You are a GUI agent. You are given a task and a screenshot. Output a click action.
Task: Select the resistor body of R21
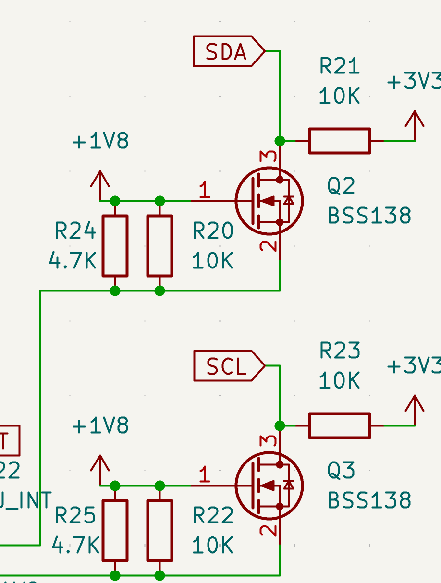click(339, 141)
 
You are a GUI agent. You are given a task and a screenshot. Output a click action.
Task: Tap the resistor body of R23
click(339, 425)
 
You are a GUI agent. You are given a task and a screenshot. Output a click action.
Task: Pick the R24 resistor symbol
click(115, 245)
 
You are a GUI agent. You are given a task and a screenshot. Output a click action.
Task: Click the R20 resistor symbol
click(160, 245)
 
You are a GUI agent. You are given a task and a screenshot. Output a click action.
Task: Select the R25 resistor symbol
click(115, 530)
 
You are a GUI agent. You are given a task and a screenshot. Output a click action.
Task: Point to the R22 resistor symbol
click(160, 530)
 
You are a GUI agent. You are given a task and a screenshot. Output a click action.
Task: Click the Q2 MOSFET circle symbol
click(269, 201)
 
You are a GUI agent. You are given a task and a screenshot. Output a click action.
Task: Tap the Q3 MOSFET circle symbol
click(269, 486)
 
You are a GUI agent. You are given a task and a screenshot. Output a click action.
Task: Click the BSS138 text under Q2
click(369, 216)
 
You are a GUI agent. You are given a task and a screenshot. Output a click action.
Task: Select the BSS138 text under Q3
click(369, 500)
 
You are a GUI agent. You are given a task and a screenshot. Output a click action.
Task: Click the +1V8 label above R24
click(100, 142)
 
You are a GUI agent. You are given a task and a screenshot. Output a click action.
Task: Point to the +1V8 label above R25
click(100, 426)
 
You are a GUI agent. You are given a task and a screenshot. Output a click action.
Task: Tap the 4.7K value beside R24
click(73, 261)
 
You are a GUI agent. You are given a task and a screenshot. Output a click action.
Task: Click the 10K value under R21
click(339, 97)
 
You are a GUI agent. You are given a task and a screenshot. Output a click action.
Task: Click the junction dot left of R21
click(280, 141)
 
